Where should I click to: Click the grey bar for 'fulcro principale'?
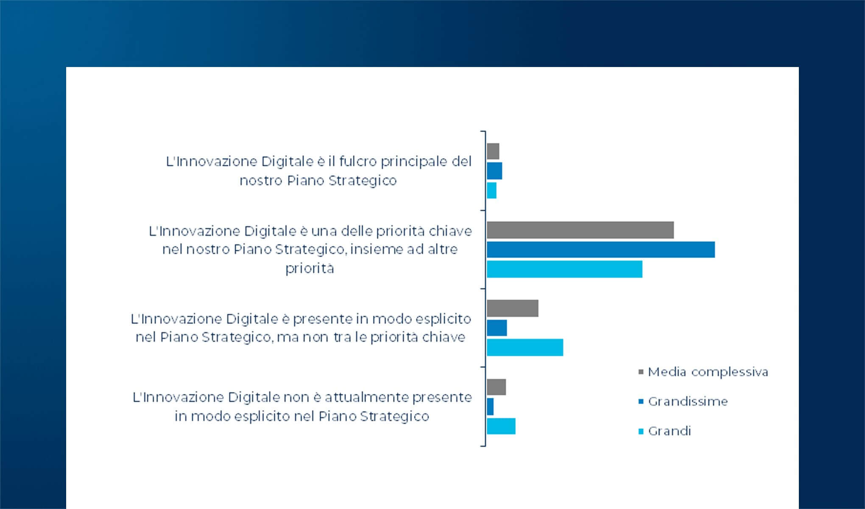493,151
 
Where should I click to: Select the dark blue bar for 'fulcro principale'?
494,171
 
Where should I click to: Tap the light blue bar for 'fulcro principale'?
491,190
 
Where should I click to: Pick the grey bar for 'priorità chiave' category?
580,230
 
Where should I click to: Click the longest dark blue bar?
600,249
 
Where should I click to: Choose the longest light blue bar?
564,269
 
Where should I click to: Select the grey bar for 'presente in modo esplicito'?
512,308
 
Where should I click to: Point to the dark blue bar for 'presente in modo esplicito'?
497,328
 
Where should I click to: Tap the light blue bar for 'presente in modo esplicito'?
525,347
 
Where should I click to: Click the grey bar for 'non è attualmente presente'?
496,387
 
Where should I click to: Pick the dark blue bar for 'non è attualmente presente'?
490,407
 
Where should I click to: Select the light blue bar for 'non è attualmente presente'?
501,426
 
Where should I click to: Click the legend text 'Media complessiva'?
708,372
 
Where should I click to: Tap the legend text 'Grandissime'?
688,402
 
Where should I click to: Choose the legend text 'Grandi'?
670,431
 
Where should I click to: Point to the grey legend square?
641,372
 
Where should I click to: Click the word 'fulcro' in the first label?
357,162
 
